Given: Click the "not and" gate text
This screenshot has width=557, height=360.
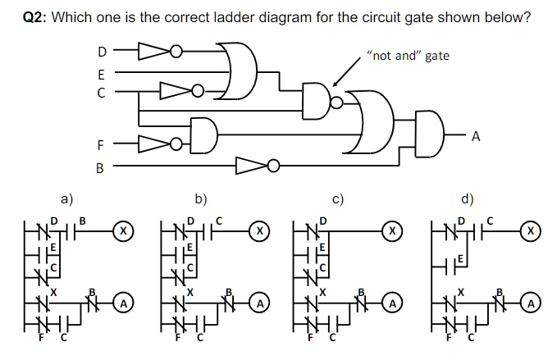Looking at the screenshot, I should (x=409, y=56).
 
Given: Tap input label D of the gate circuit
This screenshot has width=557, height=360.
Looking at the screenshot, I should (x=102, y=52).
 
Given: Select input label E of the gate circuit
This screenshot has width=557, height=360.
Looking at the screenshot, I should (x=102, y=72).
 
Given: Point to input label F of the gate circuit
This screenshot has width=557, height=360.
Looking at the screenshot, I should (x=100, y=146).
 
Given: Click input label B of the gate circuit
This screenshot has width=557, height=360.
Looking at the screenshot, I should (x=100, y=168).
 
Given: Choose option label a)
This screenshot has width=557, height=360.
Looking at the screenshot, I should (x=66, y=198).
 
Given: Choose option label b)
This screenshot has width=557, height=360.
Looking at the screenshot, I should (x=201, y=198).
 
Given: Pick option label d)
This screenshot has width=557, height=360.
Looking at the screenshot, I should (x=467, y=198).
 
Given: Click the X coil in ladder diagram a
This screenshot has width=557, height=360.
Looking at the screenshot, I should (x=122, y=232).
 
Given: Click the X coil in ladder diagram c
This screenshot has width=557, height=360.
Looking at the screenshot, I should (x=393, y=232).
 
